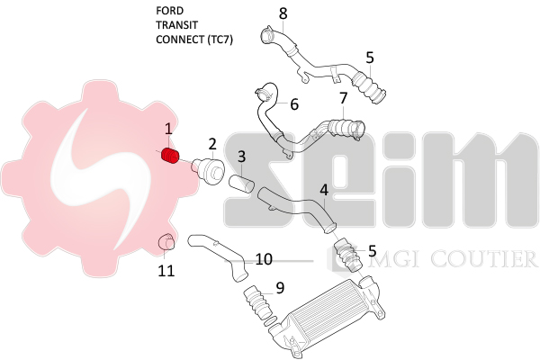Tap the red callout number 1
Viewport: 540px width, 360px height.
pos(167,130)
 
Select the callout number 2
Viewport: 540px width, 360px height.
pos(212,143)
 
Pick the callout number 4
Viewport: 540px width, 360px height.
pos(324,190)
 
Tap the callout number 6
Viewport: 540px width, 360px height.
pos(293,104)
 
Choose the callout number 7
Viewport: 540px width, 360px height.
pos(343,97)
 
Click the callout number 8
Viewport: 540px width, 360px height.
pos(283,13)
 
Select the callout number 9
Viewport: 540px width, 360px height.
pos(280,288)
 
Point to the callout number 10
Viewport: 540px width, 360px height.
pos(264,259)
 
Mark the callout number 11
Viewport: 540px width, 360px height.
pos(166,269)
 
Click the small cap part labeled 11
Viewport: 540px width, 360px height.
pos(165,241)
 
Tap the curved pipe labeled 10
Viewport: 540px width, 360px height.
pos(219,255)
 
